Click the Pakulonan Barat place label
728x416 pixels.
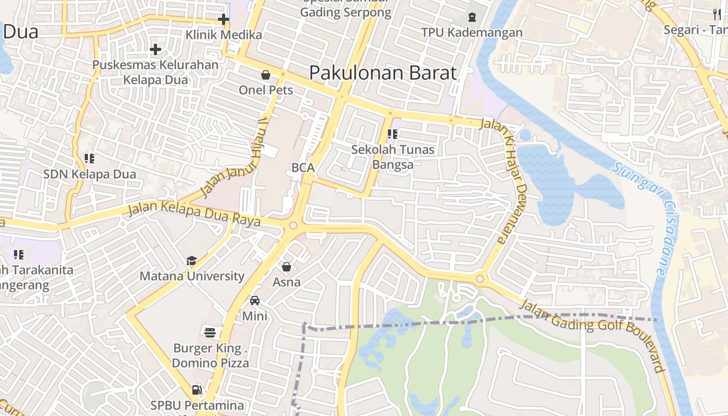pos(383,73)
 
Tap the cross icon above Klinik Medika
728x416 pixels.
pos(224,20)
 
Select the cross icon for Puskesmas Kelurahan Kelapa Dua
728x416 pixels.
pos(155,50)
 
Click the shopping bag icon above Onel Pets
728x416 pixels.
pos(266,75)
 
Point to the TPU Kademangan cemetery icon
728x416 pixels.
pos(472,17)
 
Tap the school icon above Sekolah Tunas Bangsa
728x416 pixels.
pos(393,134)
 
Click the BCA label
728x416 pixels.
pos(303,167)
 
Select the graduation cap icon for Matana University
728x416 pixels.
pos(192,261)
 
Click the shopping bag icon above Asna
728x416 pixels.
pos(287,267)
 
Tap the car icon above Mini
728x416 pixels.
pos(255,301)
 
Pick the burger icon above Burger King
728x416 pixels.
pos(210,332)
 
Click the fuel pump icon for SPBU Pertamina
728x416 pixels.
pos(197,389)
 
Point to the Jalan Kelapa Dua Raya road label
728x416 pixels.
pos(194,214)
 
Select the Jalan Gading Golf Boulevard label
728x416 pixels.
pos(593,335)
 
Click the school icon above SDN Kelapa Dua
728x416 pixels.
pos(89,158)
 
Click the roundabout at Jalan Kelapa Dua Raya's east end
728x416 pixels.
pos(293,226)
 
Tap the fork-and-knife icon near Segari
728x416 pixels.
pos(717,15)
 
